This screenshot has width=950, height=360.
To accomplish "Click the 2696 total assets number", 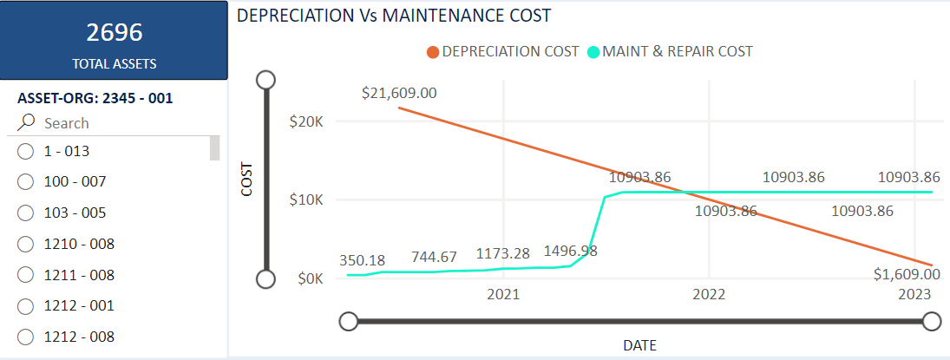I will pyautogui.click(x=114, y=33).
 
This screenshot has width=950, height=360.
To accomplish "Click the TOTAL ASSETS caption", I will pyautogui.click(x=114, y=63).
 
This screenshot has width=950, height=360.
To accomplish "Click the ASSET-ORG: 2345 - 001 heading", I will pyautogui.click(x=95, y=98).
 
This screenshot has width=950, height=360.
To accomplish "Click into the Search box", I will pyautogui.click(x=121, y=123).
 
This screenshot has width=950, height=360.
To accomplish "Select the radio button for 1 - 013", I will pyautogui.click(x=25, y=152).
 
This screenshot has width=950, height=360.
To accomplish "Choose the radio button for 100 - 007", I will pyautogui.click(x=25, y=182).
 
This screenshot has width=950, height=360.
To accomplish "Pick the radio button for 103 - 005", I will pyautogui.click(x=25, y=213).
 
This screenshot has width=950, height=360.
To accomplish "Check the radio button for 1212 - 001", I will pyautogui.click(x=25, y=306).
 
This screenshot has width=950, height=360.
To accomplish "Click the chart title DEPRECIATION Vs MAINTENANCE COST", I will pyautogui.click(x=394, y=16).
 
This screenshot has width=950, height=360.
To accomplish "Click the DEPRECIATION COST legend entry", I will pyautogui.click(x=502, y=51).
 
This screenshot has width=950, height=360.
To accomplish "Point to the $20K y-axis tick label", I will pyautogui.click(x=306, y=121).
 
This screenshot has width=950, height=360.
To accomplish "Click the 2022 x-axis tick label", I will pyautogui.click(x=709, y=294).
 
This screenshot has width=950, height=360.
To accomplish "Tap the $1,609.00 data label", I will pyautogui.click(x=907, y=274).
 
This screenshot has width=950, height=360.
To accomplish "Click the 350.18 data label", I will pyautogui.click(x=363, y=259).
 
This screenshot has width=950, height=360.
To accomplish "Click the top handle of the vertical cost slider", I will pyautogui.click(x=266, y=80).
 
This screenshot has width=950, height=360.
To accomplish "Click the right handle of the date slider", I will pyautogui.click(x=932, y=322).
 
